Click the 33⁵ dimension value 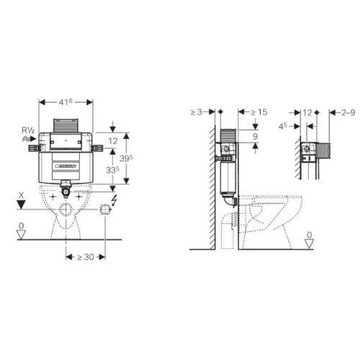[x=111, y=171]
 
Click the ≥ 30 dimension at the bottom [x=86, y=256]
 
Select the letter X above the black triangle [x=24, y=194]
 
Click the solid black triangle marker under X [x=24, y=205]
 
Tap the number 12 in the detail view [x=307, y=112]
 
